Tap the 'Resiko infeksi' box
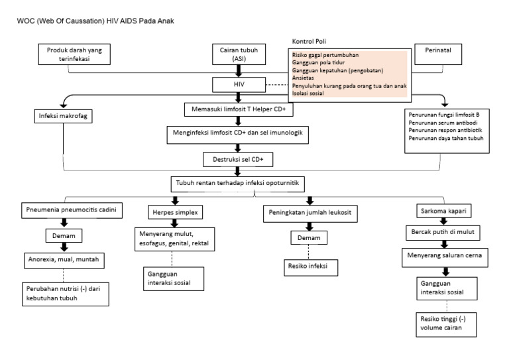coord(306,267)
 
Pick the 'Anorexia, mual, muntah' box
coord(64,260)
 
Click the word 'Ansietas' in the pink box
coord(304,78)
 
